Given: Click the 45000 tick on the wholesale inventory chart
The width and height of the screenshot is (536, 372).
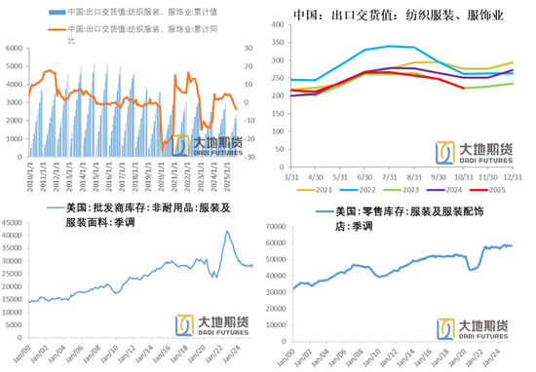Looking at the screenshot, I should click(x=14, y=226).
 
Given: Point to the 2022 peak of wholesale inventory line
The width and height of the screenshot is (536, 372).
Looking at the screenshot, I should click(x=226, y=231).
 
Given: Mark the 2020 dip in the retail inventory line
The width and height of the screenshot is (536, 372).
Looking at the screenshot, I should click(x=472, y=270).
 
